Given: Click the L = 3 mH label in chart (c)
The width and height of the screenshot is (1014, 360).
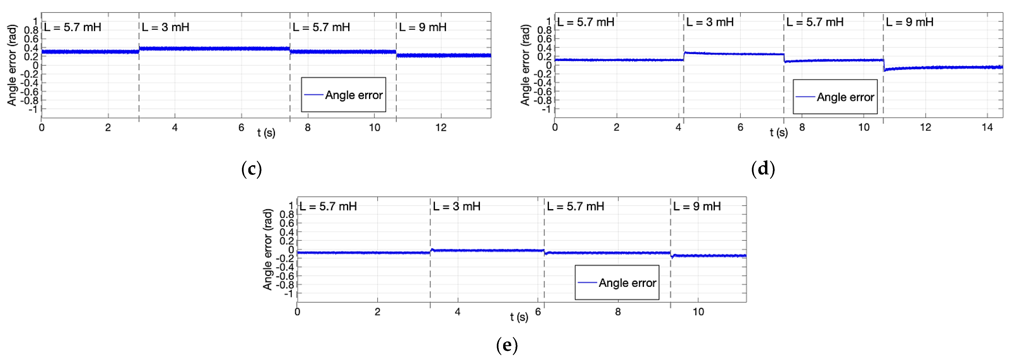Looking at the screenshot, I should [x=165, y=27].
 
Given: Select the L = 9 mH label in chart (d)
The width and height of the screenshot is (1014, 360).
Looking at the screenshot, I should [x=909, y=22].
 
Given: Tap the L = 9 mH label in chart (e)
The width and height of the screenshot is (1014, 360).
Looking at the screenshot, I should [x=697, y=206].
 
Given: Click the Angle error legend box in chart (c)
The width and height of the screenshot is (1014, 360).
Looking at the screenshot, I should [x=343, y=95].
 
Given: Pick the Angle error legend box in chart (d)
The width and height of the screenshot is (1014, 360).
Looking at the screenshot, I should [x=835, y=97].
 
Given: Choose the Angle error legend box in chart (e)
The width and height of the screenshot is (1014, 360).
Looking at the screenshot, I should [x=617, y=282].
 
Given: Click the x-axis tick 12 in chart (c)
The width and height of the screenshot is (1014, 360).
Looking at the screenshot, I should [x=441, y=127].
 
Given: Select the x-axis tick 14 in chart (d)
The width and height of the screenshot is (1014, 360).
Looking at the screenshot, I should [x=987, y=127].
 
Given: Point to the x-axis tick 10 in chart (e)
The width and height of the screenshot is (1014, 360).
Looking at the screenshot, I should [x=698, y=312].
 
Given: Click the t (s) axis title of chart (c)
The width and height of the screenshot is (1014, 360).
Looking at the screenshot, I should [x=266, y=133].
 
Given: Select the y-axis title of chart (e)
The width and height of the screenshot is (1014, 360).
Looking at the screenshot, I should [x=268, y=249].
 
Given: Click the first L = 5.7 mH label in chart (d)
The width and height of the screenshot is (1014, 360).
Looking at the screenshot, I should [x=586, y=22].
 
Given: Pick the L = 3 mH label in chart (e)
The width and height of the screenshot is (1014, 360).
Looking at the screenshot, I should [x=457, y=206].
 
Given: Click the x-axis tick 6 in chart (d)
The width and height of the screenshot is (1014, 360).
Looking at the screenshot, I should [x=740, y=127].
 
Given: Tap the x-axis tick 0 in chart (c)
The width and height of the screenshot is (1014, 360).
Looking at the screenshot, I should [x=42, y=127].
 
